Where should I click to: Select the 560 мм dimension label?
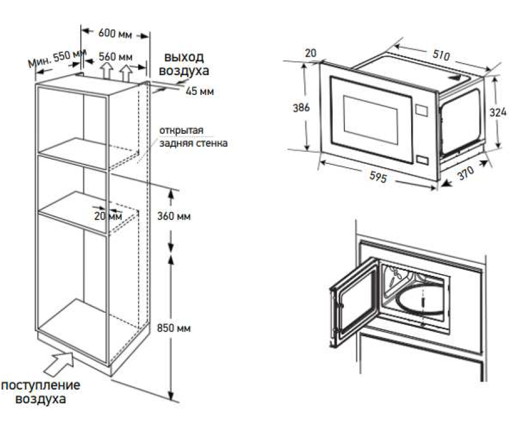pyautogui.click(x=115, y=57)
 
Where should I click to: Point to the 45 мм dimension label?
pyautogui.click(x=200, y=91)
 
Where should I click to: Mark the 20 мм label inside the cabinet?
pyautogui.click(x=108, y=216)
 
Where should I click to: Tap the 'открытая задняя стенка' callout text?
pyautogui.click(x=193, y=137)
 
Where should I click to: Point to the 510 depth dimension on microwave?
pyautogui.click(x=441, y=55)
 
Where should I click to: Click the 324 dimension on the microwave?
pyautogui.click(x=498, y=112)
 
